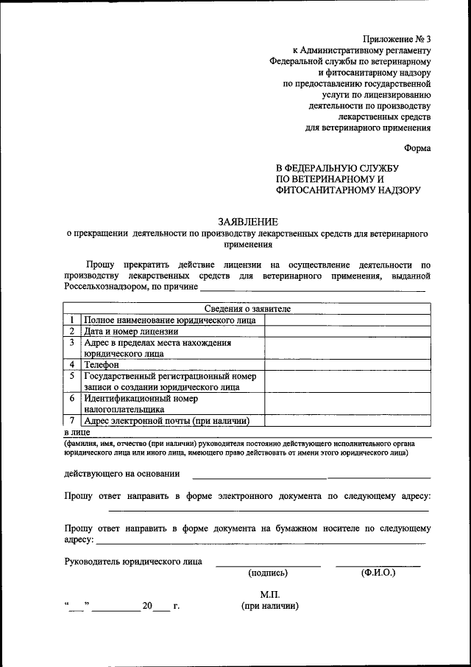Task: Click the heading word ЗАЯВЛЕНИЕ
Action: point(247,222)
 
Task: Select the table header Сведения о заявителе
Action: point(247,309)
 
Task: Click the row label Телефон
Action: point(102,364)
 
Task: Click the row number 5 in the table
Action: point(72,376)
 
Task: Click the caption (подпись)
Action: point(268,573)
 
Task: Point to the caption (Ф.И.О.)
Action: point(378,573)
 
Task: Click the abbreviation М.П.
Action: point(269,594)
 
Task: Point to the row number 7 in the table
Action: point(72,421)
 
